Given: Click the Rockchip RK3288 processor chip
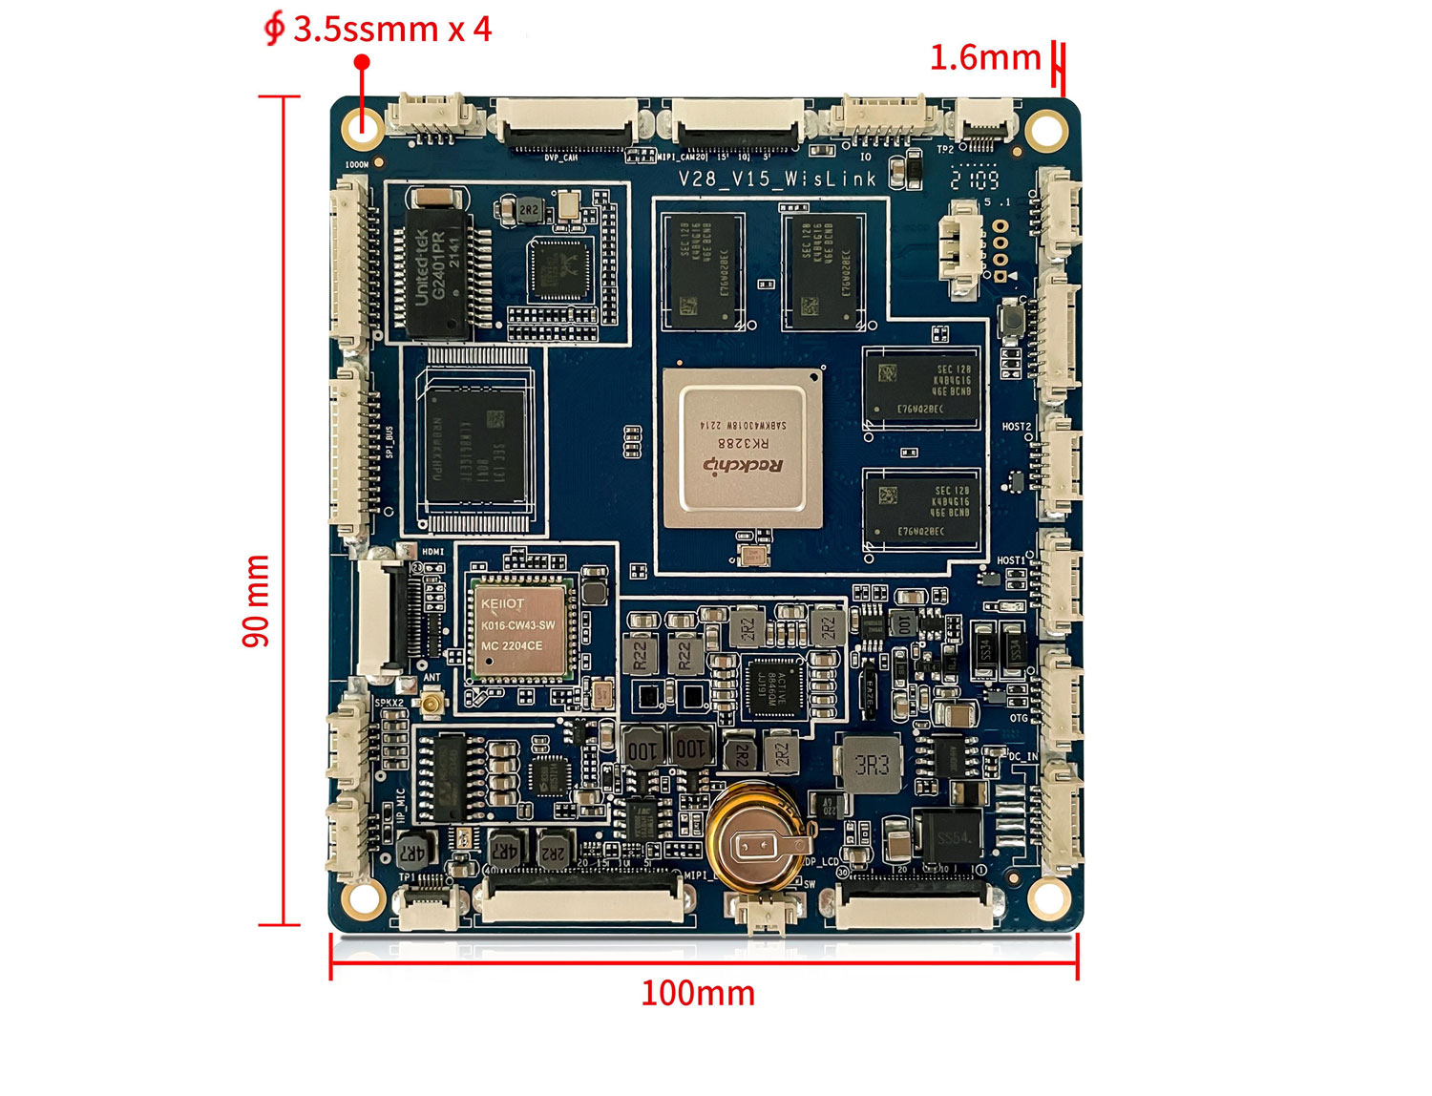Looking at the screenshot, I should tap(742, 449).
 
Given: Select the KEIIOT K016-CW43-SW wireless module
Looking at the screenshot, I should tap(519, 626).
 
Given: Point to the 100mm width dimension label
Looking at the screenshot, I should tap(697, 994).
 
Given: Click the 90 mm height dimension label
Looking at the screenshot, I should tap(256, 601).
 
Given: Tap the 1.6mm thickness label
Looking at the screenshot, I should tap(984, 58).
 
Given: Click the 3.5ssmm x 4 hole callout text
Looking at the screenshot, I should tap(391, 30).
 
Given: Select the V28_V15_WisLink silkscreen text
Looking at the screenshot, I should tap(777, 179).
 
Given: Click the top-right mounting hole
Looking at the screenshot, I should tap(1046, 128).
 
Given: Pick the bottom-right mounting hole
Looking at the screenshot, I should tap(1048, 896).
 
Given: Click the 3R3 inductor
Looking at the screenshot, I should tap(872, 765).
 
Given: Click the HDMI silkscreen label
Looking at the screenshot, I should tap(432, 552).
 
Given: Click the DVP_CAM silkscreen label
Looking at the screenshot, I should tap(560, 158).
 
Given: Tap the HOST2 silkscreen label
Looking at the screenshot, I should tap(1016, 427).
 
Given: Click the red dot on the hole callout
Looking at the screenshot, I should tap(362, 62).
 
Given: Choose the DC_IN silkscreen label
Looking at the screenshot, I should tap(1022, 756).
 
